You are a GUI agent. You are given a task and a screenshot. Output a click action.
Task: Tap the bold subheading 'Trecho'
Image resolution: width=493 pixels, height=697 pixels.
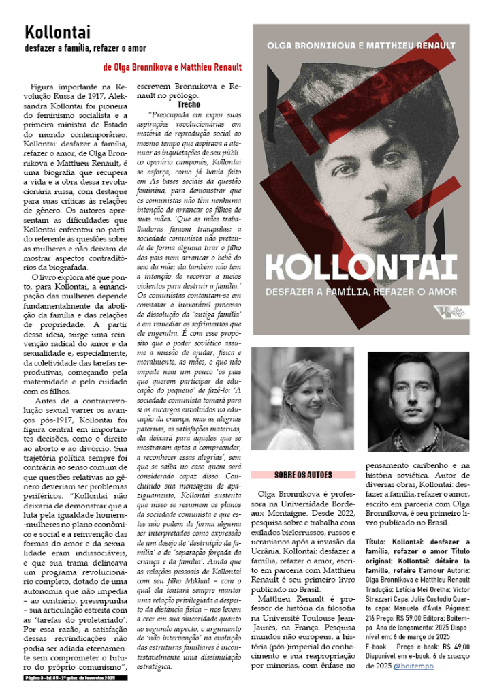click(188, 106)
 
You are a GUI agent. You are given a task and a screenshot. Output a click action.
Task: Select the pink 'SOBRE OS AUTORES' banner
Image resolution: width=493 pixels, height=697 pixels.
click(303, 474)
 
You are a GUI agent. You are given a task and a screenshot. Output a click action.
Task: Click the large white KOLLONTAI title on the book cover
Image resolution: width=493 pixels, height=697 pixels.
click(360, 267)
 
